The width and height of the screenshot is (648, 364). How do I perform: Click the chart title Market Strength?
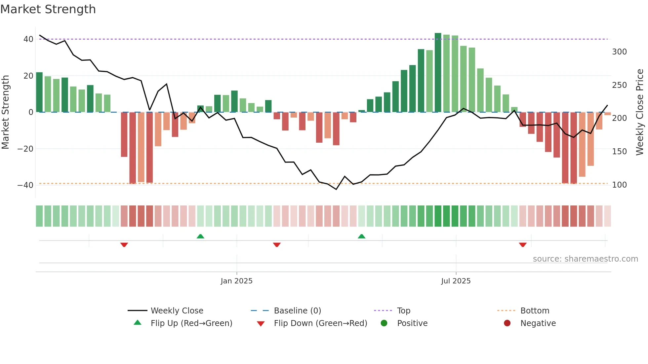[x=48, y=9]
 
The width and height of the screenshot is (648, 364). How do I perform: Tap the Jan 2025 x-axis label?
[x=236, y=281]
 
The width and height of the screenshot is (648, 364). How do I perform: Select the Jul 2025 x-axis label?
[x=456, y=281]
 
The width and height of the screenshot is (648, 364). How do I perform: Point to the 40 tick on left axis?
[x=28, y=39]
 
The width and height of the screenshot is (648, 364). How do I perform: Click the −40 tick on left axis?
[x=25, y=185]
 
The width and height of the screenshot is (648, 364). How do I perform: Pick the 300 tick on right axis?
[x=619, y=52]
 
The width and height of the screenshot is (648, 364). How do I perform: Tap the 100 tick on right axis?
[x=619, y=185]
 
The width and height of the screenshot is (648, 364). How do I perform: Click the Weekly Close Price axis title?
[x=640, y=112]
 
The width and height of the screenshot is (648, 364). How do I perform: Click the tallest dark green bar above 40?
[x=438, y=73]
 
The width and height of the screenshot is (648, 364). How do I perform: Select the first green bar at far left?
[x=39, y=92]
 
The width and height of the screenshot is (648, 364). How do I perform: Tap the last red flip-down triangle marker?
[x=523, y=245]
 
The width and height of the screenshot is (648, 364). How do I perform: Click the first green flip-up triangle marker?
[x=200, y=236]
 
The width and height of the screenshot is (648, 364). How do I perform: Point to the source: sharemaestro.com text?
[x=585, y=259]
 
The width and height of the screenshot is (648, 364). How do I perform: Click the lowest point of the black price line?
[x=336, y=189]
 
